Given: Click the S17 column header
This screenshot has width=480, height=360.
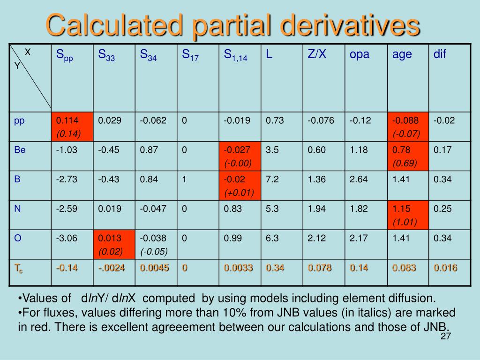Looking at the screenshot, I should (190, 55).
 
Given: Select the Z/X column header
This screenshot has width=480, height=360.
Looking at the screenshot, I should (317, 54).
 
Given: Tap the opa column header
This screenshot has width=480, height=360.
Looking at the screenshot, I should (360, 54).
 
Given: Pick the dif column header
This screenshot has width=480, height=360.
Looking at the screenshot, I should (440, 54).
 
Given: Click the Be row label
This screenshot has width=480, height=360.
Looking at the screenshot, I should (20, 150).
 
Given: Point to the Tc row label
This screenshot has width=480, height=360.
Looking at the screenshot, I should (19, 269).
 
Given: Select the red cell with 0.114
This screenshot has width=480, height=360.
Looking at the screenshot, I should (72, 127).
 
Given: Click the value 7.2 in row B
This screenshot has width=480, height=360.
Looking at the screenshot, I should (272, 179).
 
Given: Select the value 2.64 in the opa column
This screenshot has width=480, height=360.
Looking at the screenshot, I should (359, 179).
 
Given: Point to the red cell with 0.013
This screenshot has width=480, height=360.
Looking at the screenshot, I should (114, 244).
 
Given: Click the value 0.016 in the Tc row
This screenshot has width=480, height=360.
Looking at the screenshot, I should (445, 268).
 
